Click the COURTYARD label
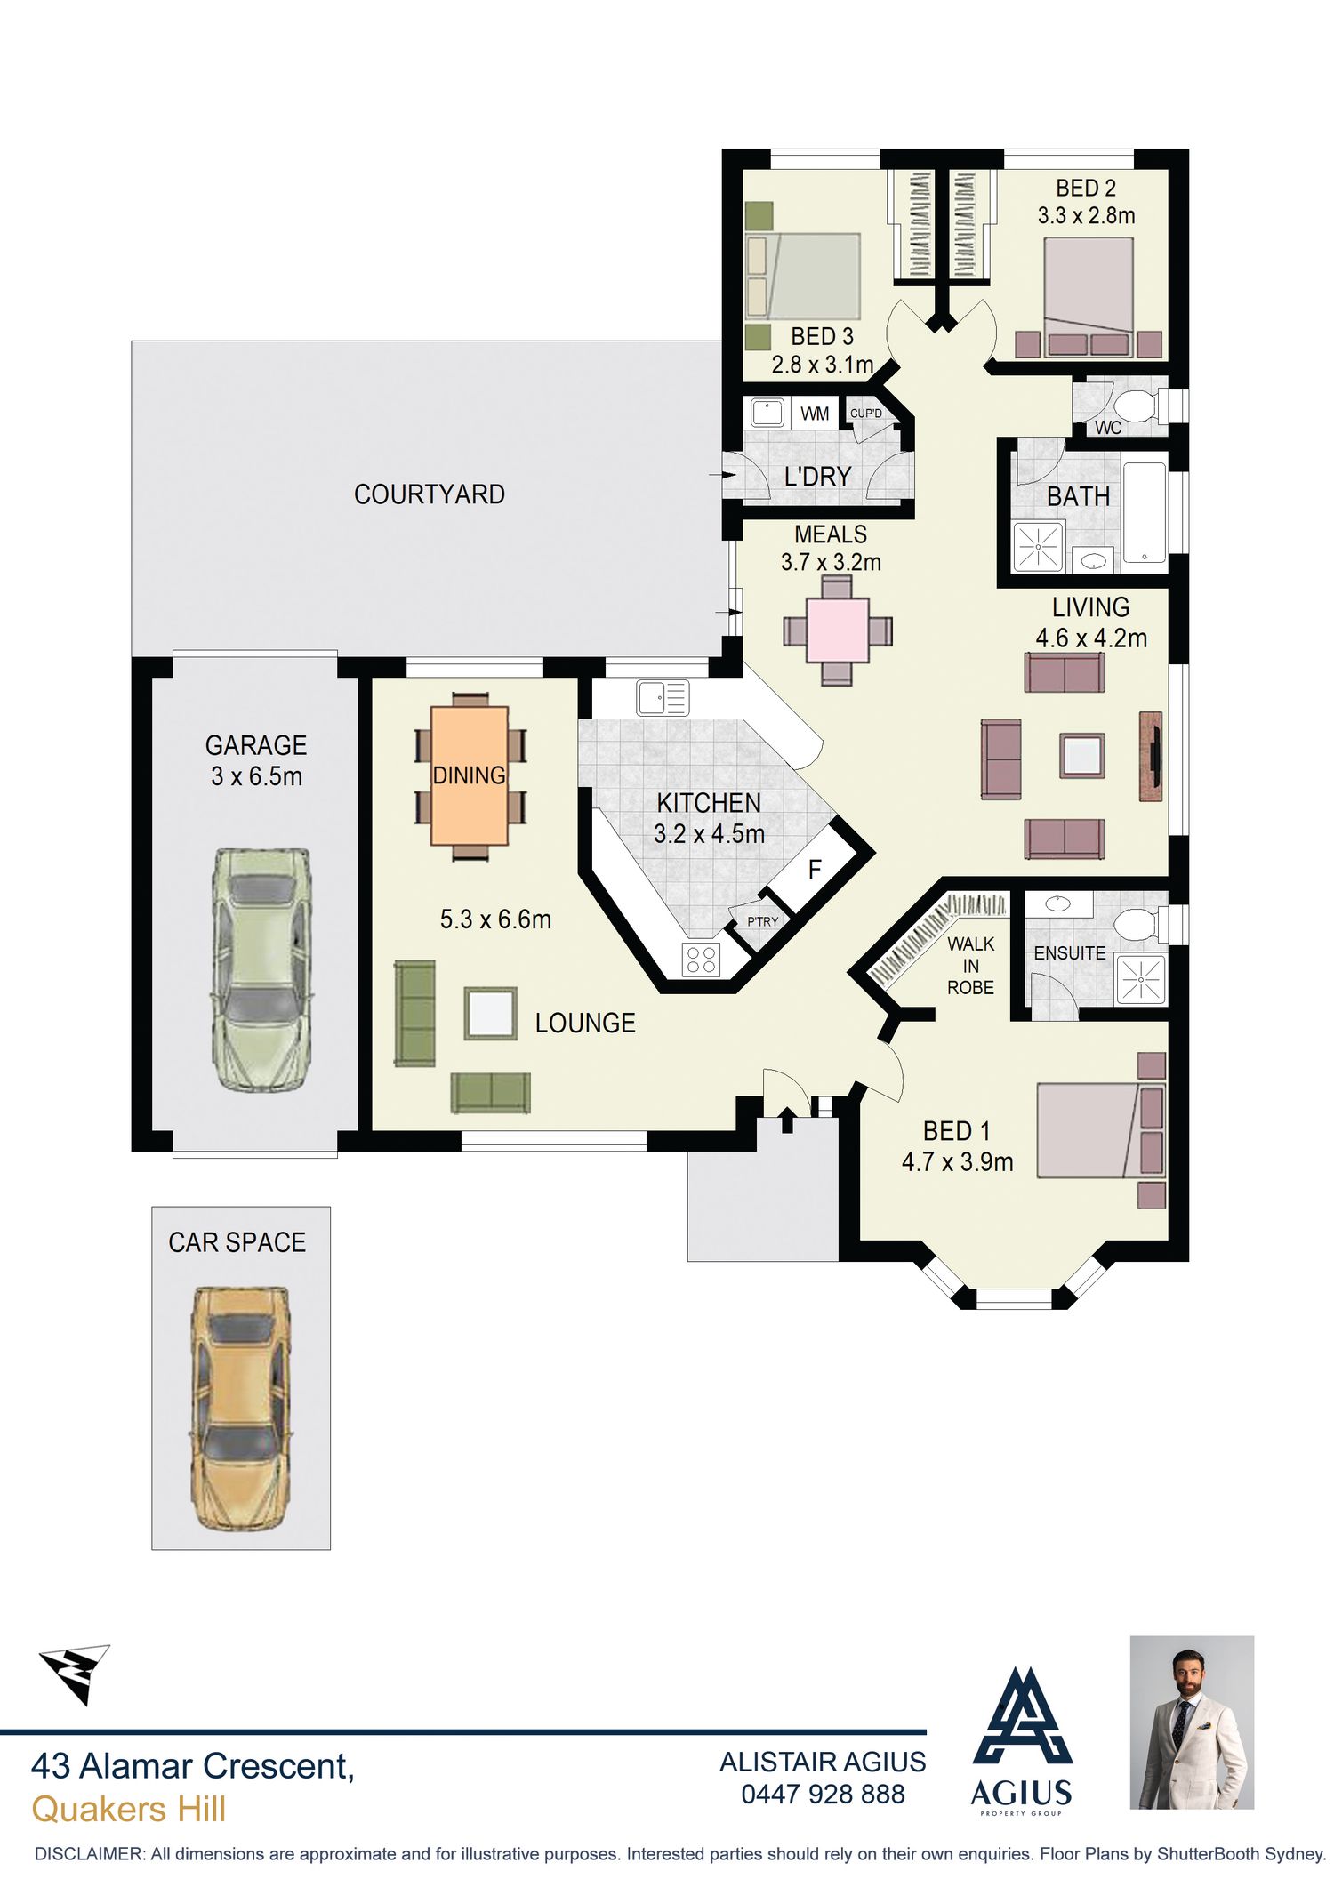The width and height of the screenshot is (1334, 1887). [x=429, y=494]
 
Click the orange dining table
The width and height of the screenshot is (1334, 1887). [x=470, y=775]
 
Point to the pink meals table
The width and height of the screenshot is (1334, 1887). [x=837, y=630]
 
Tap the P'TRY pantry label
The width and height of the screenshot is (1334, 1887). [x=762, y=921]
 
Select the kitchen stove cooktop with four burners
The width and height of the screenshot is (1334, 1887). [x=702, y=960]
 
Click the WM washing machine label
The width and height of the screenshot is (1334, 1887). [x=815, y=414]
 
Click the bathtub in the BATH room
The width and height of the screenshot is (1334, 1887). [x=1145, y=512]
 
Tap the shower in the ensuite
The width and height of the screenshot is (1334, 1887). [x=1139, y=980]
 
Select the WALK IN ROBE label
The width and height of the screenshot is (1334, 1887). [x=970, y=966]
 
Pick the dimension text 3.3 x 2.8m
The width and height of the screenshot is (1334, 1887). [x=1086, y=215]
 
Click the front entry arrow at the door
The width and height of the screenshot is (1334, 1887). [x=787, y=1119]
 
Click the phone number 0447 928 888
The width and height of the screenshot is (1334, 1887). [x=823, y=1794]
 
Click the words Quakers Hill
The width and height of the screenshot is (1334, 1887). [x=129, y=1809]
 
